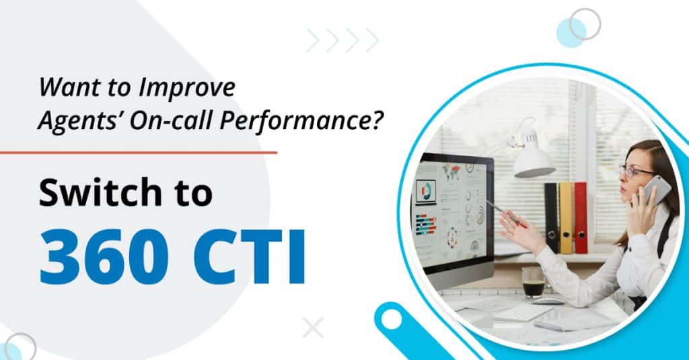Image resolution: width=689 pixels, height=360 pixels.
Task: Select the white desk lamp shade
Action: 534,162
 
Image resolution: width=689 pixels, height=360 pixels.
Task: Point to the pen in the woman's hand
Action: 505,213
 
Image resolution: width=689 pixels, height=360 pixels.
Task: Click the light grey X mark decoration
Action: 312,328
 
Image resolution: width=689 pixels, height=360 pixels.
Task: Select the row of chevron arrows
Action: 342,40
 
